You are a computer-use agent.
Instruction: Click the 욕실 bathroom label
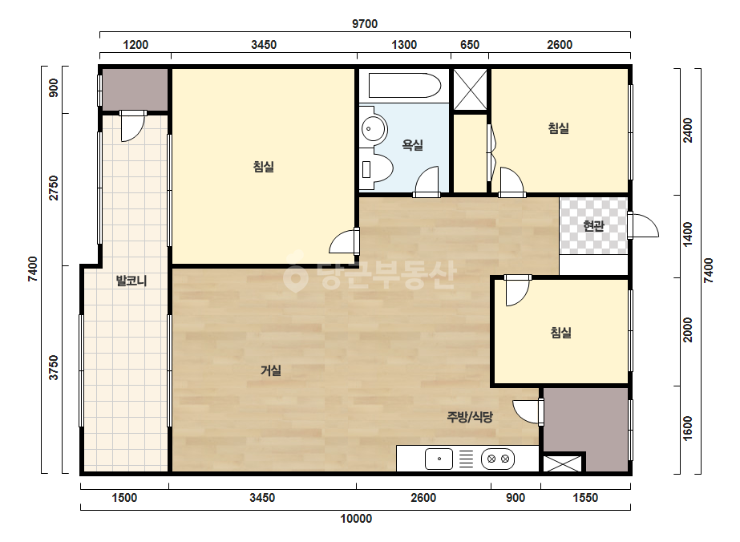(412, 144)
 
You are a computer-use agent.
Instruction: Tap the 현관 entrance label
(593, 225)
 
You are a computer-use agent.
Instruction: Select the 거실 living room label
(270, 370)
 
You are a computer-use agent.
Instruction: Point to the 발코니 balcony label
(131, 281)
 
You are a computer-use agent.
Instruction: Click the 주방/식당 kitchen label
(470, 417)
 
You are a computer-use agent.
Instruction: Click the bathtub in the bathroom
(404, 86)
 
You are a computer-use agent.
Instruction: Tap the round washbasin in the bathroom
(374, 127)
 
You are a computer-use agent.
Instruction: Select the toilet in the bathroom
(377, 168)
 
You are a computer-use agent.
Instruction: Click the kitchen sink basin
(439, 459)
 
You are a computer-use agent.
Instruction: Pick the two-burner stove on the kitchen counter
(498, 459)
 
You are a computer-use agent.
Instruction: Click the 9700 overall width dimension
(365, 23)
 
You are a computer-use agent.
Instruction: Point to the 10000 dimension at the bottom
(356, 519)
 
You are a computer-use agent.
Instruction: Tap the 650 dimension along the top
(470, 45)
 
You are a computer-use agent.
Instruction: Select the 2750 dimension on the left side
(54, 188)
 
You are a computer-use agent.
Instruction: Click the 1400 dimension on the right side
(688, 234)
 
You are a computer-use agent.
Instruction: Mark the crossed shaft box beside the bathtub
(470, 90)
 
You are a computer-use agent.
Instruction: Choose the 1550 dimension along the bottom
(585, 498)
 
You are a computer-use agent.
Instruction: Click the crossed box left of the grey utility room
(562, 463)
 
